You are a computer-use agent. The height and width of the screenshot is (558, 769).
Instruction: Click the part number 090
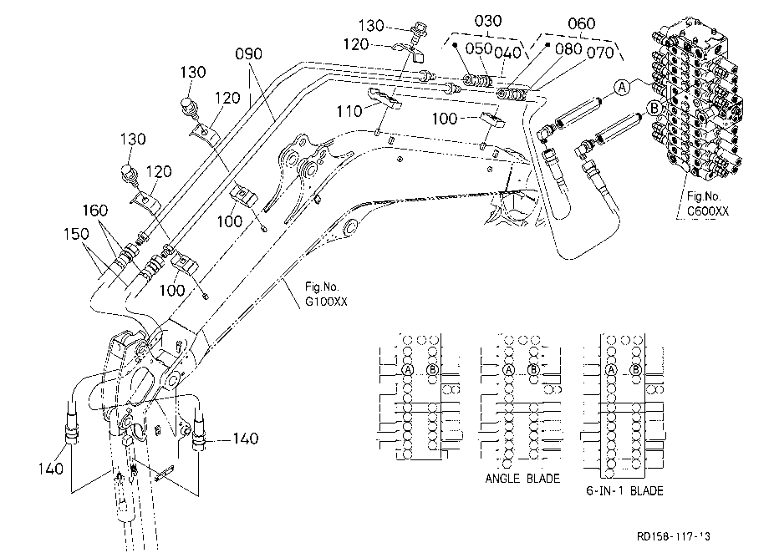pos(248,54)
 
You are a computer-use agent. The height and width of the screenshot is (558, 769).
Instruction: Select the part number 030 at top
pos(488,21)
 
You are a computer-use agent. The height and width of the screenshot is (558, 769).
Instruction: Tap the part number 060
pos(581,23)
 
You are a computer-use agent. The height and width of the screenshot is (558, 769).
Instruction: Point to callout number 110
pos(349,112)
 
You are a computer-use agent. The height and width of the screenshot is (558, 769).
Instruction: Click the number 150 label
pos(76,234)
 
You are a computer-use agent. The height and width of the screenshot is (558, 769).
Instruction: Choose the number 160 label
pos(94,211)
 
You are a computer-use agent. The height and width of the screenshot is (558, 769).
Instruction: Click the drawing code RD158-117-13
pos(674,536)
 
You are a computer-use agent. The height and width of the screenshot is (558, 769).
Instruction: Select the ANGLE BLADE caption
pos(522,479)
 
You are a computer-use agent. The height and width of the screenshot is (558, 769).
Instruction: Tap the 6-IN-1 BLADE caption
pos(624,491)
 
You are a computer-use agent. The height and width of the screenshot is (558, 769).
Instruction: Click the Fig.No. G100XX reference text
pos(326,294)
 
